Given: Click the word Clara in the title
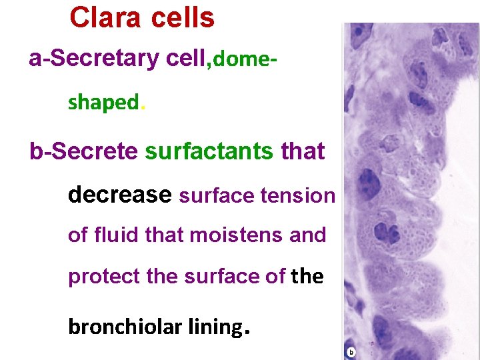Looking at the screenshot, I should click(105, 18).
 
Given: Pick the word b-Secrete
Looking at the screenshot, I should click(83, 151).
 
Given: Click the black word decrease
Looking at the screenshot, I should click(120, 194).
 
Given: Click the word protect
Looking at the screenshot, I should click(104, 277).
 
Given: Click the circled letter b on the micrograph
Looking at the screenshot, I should click(351, 351).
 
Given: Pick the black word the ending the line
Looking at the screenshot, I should click(307, 277).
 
